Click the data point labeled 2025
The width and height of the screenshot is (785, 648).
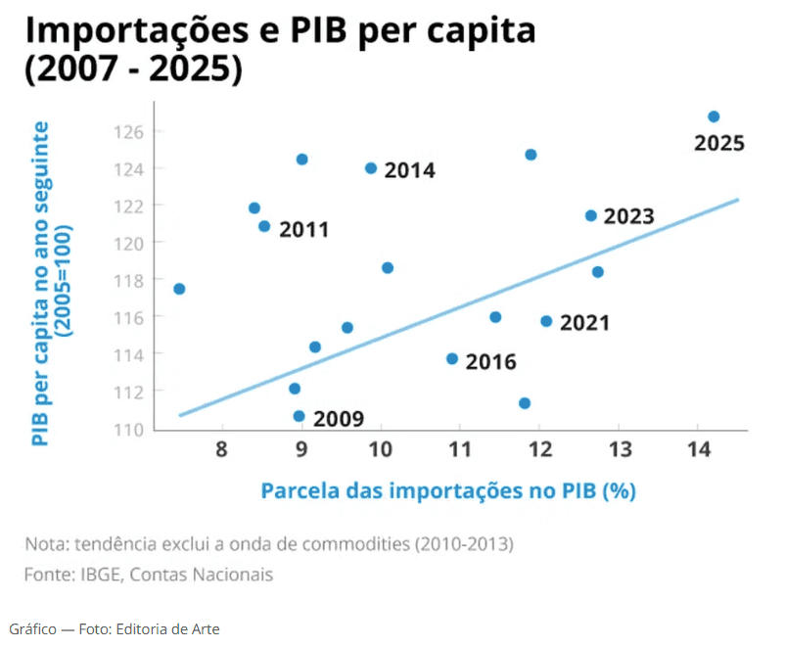coord(714,116)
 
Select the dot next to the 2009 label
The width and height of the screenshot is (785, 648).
coord(299,416)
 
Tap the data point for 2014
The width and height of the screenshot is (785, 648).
coord(371,168)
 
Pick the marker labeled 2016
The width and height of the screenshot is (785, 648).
coord(452,359)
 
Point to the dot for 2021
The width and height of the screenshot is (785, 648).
coord(546,321)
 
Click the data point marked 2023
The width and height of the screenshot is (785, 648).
coord(590,215)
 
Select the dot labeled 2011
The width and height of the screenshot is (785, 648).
coord(264,226)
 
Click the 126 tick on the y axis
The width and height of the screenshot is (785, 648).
coord(132,132)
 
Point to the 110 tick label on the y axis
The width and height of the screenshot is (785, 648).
coord(132,429)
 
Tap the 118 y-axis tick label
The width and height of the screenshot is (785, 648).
coord(132,280)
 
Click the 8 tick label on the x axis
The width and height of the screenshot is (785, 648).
coord(222,449)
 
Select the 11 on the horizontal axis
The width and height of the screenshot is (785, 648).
coord(459,449)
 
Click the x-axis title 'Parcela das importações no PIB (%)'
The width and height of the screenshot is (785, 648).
coord(448,490)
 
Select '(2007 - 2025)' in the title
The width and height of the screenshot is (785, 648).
coord(132,70)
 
